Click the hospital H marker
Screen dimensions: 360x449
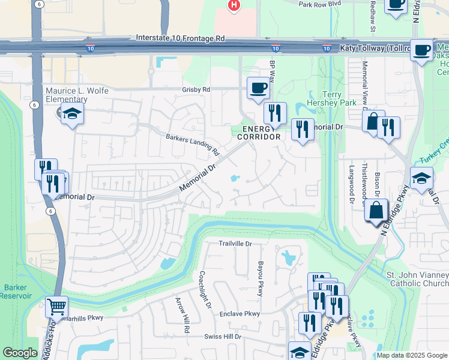pyautogui.click(x=234, y=5)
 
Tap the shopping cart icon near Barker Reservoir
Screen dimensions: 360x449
pyautogui.click(x=56, y=307)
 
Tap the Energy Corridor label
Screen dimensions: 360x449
pyautogui.click(x=259, y=133)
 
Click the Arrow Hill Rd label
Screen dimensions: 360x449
pyautogui.click(x=182, y=315)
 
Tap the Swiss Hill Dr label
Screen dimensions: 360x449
pyautogui.click(x=221, y=337)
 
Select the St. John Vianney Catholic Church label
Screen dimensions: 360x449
pyautogui.click(x=417, y=279)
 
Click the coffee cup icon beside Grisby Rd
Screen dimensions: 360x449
pyautogui.click(x=258, y=88)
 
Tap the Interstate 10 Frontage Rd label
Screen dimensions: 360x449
pyautogui.click(x=180, y=38)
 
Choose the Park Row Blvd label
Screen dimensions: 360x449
pyautogui.click(x=324, y=3)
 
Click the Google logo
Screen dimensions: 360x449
pyautogui.click(x=20, y=353)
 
